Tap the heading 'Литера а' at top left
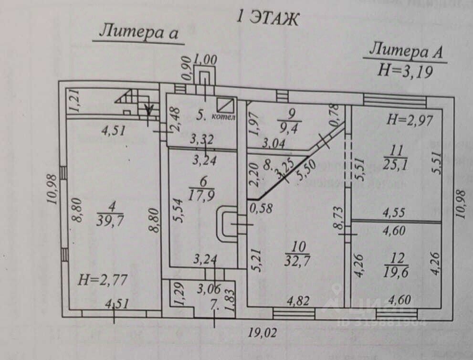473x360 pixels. (139, 32)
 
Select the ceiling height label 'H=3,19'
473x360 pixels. (405, 71)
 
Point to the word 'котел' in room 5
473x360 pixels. (223, 116)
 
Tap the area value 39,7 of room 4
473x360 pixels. (110, 221)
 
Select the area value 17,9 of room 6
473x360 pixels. (201, 196)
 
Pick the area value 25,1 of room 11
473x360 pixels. (395, 164)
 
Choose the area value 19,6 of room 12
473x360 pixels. (396, 272)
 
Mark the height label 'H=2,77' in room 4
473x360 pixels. (103, 280)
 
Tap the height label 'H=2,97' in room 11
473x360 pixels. (410, 120)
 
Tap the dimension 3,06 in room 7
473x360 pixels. (209, 289)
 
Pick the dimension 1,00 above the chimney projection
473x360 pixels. (205, 60)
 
